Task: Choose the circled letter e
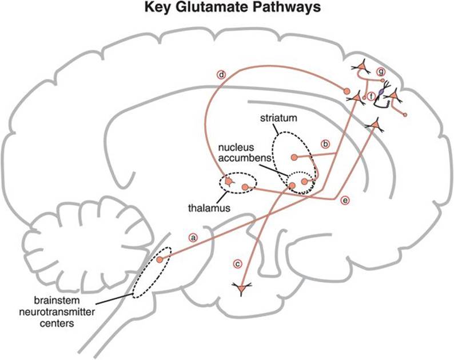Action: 344,199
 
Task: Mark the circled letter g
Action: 381,71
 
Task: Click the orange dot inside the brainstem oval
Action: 160,259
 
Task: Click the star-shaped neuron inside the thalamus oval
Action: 229,182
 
